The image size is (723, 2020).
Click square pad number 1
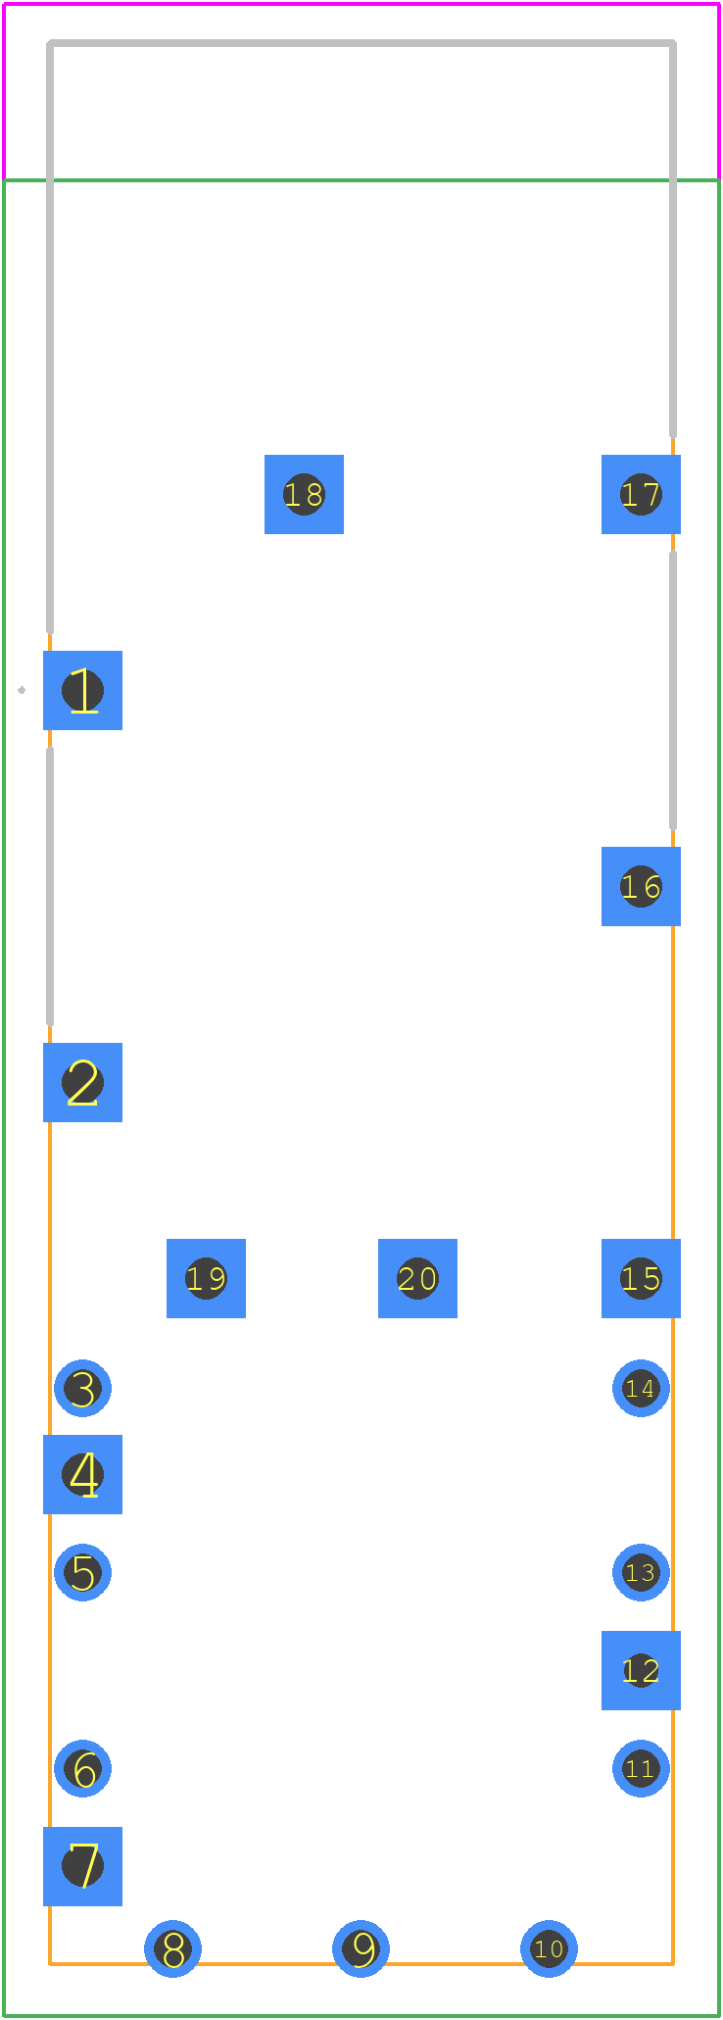pyautogui.click(x=82, y=690)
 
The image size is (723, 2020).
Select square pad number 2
pyautogui.click(x=82, y=1082)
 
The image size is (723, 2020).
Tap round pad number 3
pyautogui.click(x=82, y=1388)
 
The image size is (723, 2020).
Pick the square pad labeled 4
pyautogui.click(x=82, y=1474)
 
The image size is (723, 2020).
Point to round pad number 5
pyautogui.click(x=82, y=1572)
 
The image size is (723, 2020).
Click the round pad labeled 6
pyautogui.click(x=82, y=1768)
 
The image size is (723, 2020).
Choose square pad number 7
pyautogui.click(x=82, y=1866)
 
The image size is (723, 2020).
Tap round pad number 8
pyautogui.click(x=172, y=1948)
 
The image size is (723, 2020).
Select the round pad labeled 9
pyautogui.click(x=361, y=1948)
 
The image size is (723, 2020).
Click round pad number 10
pyautogui.click(x=549, y=1948)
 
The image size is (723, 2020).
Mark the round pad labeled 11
pyautogui.click(x=641, y=1768)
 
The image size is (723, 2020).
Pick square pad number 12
pyautogui.click(x=641, y=1670)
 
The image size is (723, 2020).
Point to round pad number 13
pyautogui.click(x=641, y=1572)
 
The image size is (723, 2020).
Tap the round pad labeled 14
pyautogui.click(x=641, y=1388)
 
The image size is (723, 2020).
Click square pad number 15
pyautogui.click(x=641, y=1278)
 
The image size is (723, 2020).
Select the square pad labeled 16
pyautogui.click(x=641, y=886)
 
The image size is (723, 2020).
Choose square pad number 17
pyautogui.click(x=641, y=494)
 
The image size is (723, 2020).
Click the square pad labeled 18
pyautogui.click(x=304, y=494)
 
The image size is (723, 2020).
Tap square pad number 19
pyautogui.click(x=206, y=1278)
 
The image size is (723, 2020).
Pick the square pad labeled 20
pyautogui.click(x=417, y=1278)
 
